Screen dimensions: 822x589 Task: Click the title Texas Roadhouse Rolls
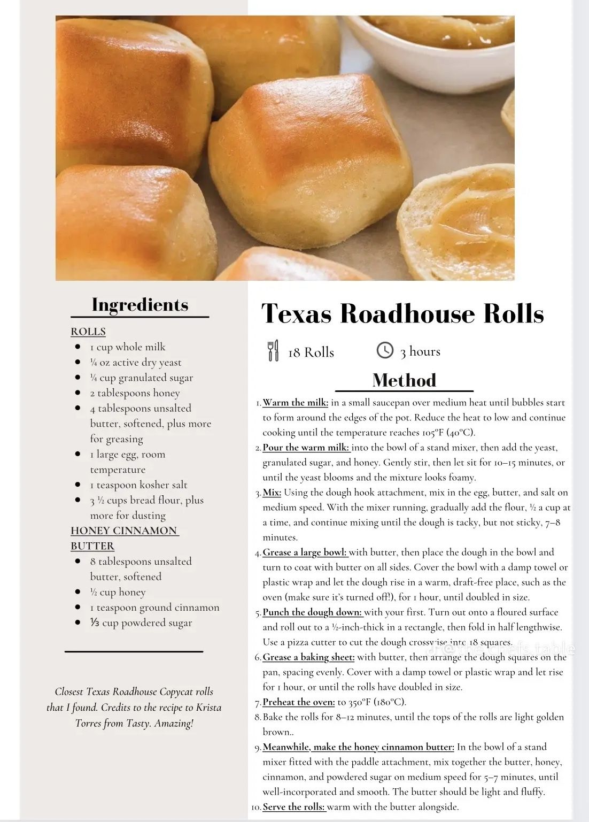pyautogui.click(x=402, y=313)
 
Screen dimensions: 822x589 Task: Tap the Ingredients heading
pyautogui.click(x=140, y=305)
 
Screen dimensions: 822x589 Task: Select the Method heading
pyautogui.click(x=404, y=380)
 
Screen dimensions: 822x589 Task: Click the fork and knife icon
pyautogui.click(x=273, y=351)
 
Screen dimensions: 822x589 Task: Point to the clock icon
pyautogui.click(x=385, y=350)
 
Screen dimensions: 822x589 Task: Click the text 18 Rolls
pyautogui.click(x=311, y=352)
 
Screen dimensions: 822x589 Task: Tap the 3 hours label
pyautogui.click(x=420, y=351)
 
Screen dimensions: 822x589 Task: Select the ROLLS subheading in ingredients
pyautogui.click(x=88, y=332)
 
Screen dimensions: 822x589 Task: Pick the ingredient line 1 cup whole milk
pyautogui.click(x=128, y=347)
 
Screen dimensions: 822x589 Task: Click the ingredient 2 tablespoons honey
pyautogui.click(x=135, y=393)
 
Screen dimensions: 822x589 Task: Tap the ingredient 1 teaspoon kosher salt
pyautogui.click(x=138, y=485)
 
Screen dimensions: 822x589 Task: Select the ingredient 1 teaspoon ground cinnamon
pyautogui.click(x=154, y=608)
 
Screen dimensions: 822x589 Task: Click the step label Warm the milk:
pyautogui.click(x=296, y=403)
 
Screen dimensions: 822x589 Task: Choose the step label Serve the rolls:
pyautogui.click(x=294, y=807)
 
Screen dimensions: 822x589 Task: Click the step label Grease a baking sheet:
pyautogui.click(x=308, y=657)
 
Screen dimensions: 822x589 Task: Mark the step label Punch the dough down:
pyautogui.click(x=312, y=612)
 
